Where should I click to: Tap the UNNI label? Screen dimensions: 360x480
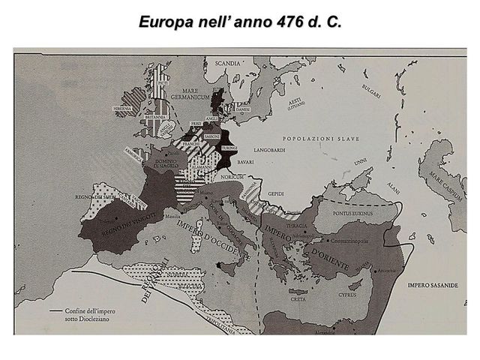coord(360,160)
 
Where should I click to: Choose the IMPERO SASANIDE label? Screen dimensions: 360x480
coord(430,286)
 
